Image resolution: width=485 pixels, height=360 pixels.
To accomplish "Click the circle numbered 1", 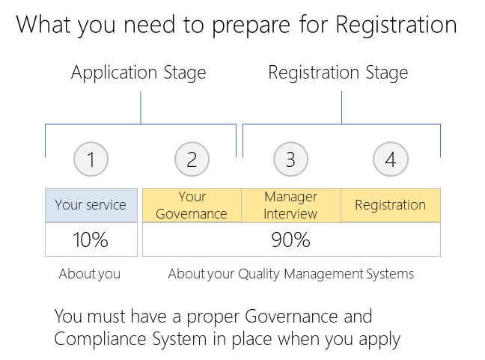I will click(92, 159).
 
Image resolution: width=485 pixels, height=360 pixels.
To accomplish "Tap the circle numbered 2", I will click(192, 159).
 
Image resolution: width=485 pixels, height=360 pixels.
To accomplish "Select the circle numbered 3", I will click(290, 159).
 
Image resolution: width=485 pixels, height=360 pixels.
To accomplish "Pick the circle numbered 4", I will click(390, 159).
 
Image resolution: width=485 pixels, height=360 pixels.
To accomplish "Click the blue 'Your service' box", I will click(91, 205).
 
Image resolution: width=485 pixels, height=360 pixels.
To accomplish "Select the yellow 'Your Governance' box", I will click(192, 205).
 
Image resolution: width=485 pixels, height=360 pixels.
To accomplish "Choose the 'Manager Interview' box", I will click(290, 205).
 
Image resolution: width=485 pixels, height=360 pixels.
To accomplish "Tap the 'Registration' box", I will click(391, 205).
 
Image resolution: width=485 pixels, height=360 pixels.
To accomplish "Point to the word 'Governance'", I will click(192, 213).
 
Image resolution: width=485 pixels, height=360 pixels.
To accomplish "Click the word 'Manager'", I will click(290, 197).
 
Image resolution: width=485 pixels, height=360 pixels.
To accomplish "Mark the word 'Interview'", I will click(290, 213).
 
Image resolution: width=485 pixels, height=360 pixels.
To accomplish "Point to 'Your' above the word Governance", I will click(192, 197).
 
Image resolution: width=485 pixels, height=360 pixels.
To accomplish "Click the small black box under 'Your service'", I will click(90, 240).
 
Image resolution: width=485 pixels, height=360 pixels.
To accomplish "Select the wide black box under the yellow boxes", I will click(290, 240).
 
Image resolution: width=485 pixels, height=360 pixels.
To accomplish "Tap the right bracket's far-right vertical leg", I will click(440, 142).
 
